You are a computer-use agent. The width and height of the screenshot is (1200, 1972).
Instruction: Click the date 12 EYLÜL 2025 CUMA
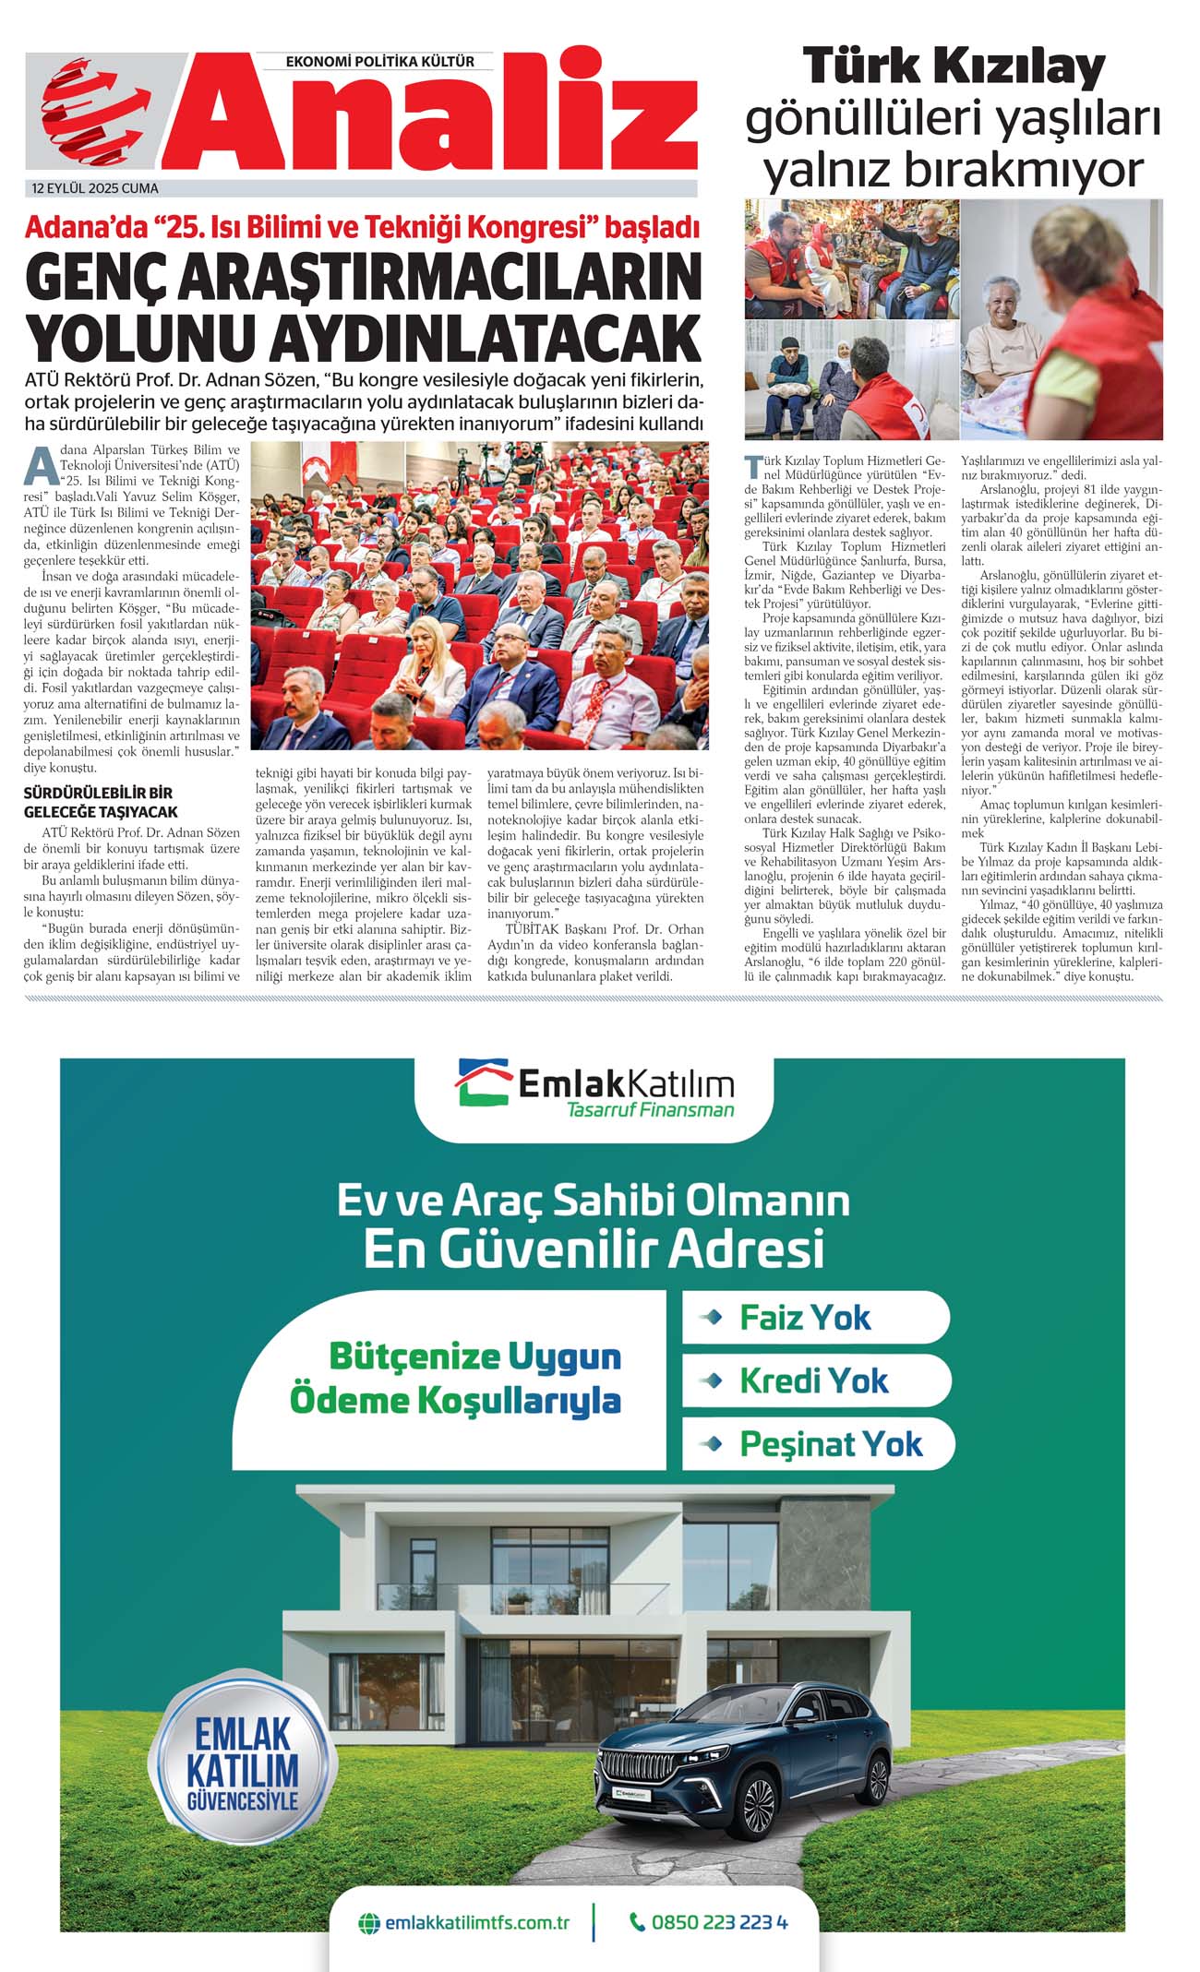[95, 188]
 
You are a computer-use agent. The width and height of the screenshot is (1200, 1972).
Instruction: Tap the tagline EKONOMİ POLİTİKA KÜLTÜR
[379, 62]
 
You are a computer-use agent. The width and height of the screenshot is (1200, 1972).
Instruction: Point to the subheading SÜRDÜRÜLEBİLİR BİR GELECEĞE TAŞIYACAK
[101, 802]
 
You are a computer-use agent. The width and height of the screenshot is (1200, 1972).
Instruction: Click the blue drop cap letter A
[41, 465]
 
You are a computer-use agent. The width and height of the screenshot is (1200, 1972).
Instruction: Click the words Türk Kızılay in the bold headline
[953, 67]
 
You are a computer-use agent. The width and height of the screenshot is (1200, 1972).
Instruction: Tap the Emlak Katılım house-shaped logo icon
[483, 1081]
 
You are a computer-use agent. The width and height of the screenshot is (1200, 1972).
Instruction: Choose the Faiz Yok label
[805, 1317]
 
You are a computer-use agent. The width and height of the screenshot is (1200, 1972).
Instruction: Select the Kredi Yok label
[813, 1380]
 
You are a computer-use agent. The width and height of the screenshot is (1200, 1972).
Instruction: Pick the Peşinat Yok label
[831, 1443]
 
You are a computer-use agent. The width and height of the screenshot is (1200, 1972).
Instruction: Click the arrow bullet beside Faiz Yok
[712, 1317]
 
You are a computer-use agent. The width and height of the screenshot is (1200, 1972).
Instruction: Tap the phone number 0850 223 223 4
[719, 1922]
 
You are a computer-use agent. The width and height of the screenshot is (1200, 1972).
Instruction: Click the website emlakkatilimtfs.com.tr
[476, 1923]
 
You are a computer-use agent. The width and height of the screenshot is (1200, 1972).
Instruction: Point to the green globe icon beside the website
[369, 1923]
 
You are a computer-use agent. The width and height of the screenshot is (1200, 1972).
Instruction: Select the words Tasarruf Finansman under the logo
[650, 1110]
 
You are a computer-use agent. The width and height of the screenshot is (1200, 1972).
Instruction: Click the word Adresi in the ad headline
[746, 1249]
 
